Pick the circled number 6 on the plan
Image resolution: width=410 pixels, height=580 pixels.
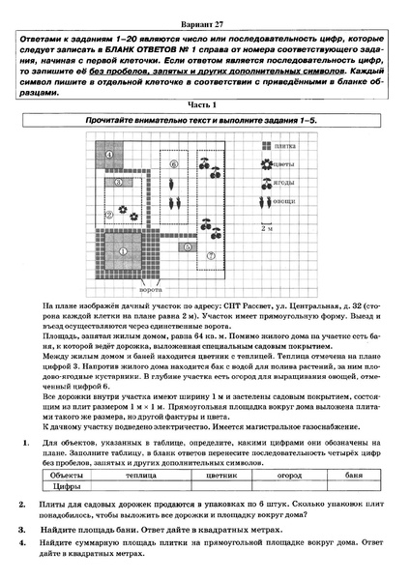click(174, 164)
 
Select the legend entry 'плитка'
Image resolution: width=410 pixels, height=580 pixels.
click(283, 146)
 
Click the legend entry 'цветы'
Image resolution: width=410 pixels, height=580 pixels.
click(283, 162)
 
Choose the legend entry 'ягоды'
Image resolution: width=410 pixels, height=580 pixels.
click(283, 181)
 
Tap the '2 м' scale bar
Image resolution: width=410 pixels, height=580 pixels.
click(266, 228)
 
